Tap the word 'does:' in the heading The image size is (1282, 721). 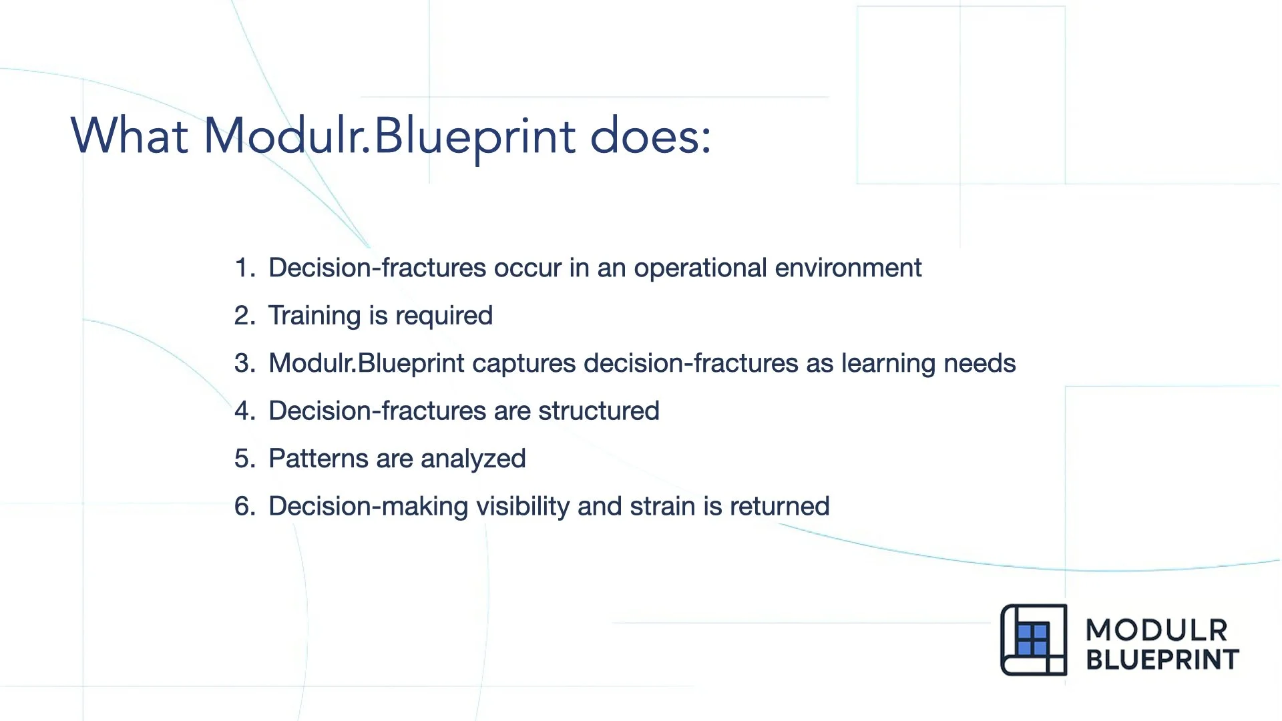click(650, 136)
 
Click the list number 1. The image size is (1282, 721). click(243, 268)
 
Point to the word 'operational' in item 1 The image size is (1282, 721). click(700, 268)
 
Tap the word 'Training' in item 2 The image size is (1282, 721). click(314, 316)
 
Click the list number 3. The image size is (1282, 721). click(243, 364)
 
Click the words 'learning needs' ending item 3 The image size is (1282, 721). click(928, 364)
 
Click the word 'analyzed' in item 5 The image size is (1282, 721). click(473, 459)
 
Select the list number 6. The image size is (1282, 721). click(243, 507)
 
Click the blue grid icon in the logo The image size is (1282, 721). click(1032, 640)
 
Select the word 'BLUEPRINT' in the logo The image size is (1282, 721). click(1162, 660)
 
